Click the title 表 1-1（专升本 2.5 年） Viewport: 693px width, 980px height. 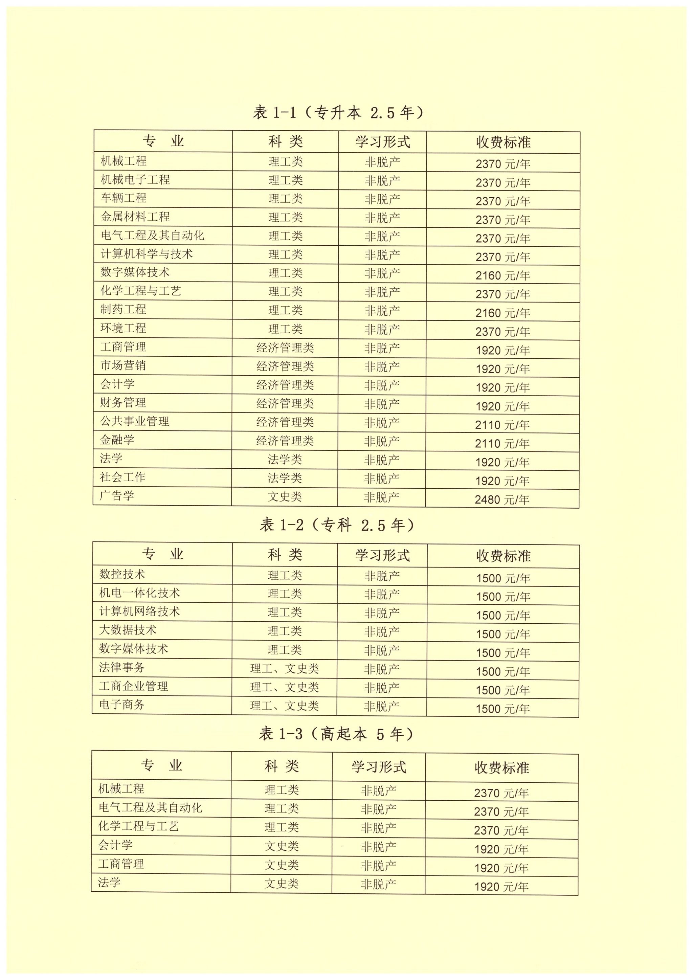click(x=338, y=113)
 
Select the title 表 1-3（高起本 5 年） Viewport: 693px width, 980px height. click(x=336, y=734)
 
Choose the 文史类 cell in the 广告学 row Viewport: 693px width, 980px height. click(x=285, y=497)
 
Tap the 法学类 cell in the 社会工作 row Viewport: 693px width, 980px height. click(x=285, y=478)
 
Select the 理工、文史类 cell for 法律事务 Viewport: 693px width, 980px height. click(x=284, y=668)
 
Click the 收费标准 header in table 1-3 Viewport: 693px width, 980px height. click(x=502, y=768)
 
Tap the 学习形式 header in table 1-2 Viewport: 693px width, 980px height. click(x=382, y=555)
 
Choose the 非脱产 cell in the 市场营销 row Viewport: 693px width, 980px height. click(x=382, y=366)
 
